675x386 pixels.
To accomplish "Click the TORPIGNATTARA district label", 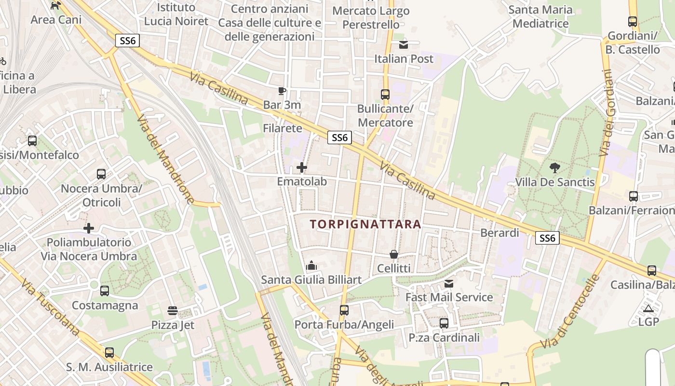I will point(365,224).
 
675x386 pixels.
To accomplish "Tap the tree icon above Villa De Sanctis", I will point(555,168).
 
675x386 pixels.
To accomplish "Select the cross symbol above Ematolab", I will point(302,167).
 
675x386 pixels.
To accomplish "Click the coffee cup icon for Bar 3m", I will point(282,90).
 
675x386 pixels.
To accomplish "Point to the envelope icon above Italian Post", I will point(404,45).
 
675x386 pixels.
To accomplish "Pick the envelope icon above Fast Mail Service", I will point(449,283).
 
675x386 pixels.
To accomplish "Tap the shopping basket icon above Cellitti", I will point(394,254).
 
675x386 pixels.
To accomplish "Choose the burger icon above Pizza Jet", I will point(173,310).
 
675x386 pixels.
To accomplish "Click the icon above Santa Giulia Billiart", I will point(311,265).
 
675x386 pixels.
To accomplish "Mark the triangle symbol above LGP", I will point(648,308).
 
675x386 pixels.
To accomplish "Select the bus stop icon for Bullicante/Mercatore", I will point(385,95).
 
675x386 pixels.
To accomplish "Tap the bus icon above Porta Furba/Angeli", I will point(344,310).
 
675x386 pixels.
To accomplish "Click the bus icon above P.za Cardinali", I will point(444,323).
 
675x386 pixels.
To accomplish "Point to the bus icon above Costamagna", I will point(105,291).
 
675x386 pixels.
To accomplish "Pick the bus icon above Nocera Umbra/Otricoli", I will point(101,174).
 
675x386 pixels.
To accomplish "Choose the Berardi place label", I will point(499,233).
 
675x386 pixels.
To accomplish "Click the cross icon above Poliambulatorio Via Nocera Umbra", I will point(89,228).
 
